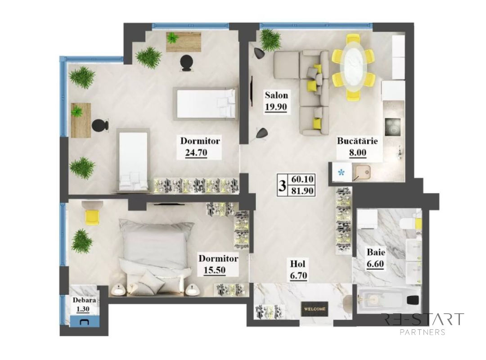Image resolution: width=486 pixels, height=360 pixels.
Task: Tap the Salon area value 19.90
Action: tap(276, 107)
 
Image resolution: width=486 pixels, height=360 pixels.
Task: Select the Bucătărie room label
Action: tap(357, 141)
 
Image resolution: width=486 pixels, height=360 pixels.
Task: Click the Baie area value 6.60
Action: tap(375, 264)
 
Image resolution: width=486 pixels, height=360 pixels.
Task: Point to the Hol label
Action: tap(297, 264)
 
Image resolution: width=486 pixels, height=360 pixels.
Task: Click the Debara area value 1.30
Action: tap(82, 309)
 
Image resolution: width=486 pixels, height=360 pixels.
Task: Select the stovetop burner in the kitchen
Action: tap(393, 126)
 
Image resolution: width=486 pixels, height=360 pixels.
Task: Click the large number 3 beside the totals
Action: tap(282, 185)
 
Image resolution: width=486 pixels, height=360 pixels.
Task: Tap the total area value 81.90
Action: tap(302, 191)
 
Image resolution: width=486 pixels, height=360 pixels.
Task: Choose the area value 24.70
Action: tap(196, 153)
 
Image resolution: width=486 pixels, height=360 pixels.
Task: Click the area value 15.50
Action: tap(215, 270)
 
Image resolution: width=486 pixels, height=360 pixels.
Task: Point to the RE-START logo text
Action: tap(423, 319)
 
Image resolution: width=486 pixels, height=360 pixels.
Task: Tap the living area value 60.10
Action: tap(302, 180)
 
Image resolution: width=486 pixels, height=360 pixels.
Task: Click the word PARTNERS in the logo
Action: tap(423, 332)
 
